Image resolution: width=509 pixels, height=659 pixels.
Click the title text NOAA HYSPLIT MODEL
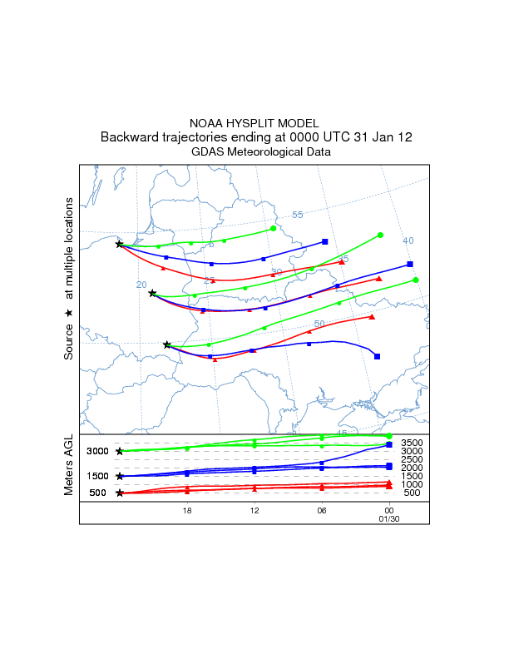(254, 122)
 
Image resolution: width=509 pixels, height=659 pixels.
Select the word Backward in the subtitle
(131, 136)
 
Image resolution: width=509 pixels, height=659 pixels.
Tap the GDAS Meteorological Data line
(254, 152)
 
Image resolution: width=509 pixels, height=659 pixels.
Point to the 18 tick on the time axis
(187, 510)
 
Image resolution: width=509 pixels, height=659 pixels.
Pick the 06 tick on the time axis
(321, 510)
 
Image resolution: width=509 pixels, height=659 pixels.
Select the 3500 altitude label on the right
(413, 443)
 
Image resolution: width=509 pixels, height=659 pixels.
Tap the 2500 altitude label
(413, 459)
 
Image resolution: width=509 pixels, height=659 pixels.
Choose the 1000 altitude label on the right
(413, 484)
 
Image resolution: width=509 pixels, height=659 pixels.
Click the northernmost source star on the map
(119, 244)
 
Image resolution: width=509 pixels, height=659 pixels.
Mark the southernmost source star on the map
(167, 344)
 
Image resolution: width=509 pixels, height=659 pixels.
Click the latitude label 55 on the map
(298, 216)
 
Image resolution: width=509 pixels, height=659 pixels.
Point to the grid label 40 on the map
(408, 240)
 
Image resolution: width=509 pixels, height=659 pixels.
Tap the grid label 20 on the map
(141, 285)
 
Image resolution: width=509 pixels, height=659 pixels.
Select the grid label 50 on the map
(319, 324)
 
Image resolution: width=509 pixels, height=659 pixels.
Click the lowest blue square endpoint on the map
(378, 356)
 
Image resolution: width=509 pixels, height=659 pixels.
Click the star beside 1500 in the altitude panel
(120, 476)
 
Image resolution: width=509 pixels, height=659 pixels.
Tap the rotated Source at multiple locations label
(69, 278)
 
